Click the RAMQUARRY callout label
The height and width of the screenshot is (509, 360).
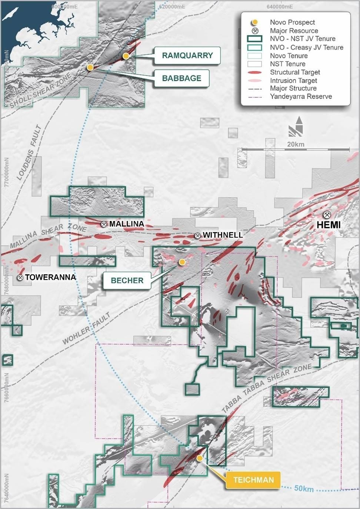(x=187, y=56)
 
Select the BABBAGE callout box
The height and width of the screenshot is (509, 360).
(x=181, y=78)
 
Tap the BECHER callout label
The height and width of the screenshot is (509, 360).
(x=127, y=280)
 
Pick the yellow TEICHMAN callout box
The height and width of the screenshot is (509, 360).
(x=253, y=480)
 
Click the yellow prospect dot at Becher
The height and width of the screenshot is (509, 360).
(x=182, y=262)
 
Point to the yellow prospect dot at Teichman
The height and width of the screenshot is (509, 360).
(x=200, y=458)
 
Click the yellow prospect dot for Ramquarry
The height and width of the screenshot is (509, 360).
(x=126, y=56)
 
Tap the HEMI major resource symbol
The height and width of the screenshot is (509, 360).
(x=327, y=214)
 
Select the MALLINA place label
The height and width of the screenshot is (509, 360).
(x=126, y=224)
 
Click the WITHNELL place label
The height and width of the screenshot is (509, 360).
(x=223, y=235)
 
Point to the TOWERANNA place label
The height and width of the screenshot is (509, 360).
(x=50, y=277)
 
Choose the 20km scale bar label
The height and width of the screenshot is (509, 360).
(x=296, y=144)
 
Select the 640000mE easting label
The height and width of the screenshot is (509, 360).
(x=280, y=7)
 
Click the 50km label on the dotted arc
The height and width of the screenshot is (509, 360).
(x=304, y=489)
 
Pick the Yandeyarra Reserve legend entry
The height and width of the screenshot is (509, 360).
(x=301, y=97)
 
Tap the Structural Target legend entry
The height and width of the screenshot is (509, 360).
(x=295, y=72)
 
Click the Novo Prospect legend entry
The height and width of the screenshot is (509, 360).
(x=292, y=22)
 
